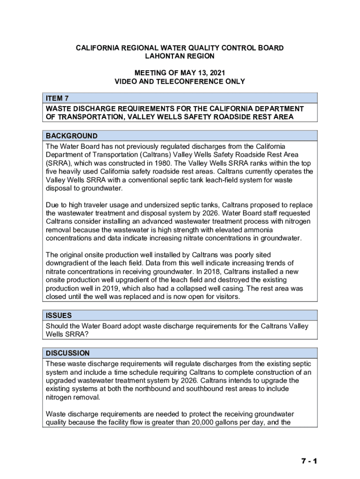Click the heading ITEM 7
pos(58,98)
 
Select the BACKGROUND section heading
pos(72,136)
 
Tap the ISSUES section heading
pos(58,315)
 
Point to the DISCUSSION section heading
pos(67,353)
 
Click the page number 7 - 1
pos(309,461)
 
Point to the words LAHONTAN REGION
pos(180,56)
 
